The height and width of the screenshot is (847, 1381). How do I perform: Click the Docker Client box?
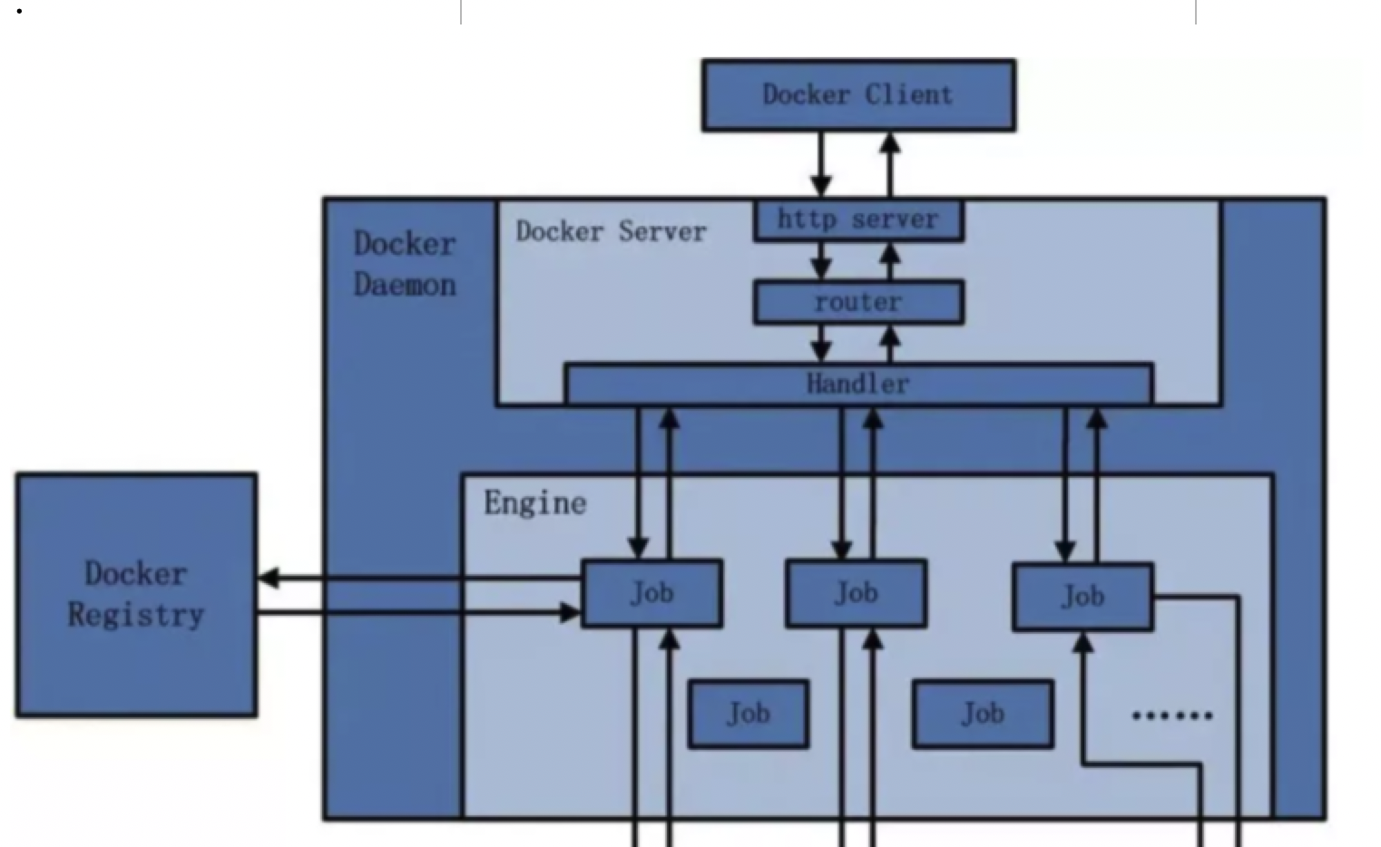(x=858, y=95)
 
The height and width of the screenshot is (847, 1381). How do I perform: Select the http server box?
(x=858, y=220)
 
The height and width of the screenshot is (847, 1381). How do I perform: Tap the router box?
(x=858, y=302)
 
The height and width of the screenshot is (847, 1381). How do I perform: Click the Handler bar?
(x=858, y=384)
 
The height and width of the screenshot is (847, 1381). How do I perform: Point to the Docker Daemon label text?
(x=405, y=264)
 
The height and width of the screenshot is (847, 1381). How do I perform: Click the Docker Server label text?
(x=611, y=232)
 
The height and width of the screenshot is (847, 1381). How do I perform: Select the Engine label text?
(x=534, y=503)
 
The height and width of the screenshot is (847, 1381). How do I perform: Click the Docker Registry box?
(x=136, y=595)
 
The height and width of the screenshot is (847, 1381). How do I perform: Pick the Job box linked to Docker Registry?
(x=651, y=593)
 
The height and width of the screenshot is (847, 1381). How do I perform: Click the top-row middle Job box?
(x=856, y=593)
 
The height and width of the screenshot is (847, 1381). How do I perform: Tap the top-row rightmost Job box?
(x=1082, y=597)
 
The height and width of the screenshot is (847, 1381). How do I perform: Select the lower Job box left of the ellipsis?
(x=983, y=714)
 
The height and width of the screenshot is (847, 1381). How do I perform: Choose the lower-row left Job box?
(x=748, y=714)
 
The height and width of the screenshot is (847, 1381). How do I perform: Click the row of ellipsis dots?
(x=1171, y=716)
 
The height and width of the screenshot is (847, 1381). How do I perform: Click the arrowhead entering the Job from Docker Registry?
(x=570, y=614)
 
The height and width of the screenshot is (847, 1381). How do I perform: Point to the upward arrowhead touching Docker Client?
(x=891, y=142)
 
